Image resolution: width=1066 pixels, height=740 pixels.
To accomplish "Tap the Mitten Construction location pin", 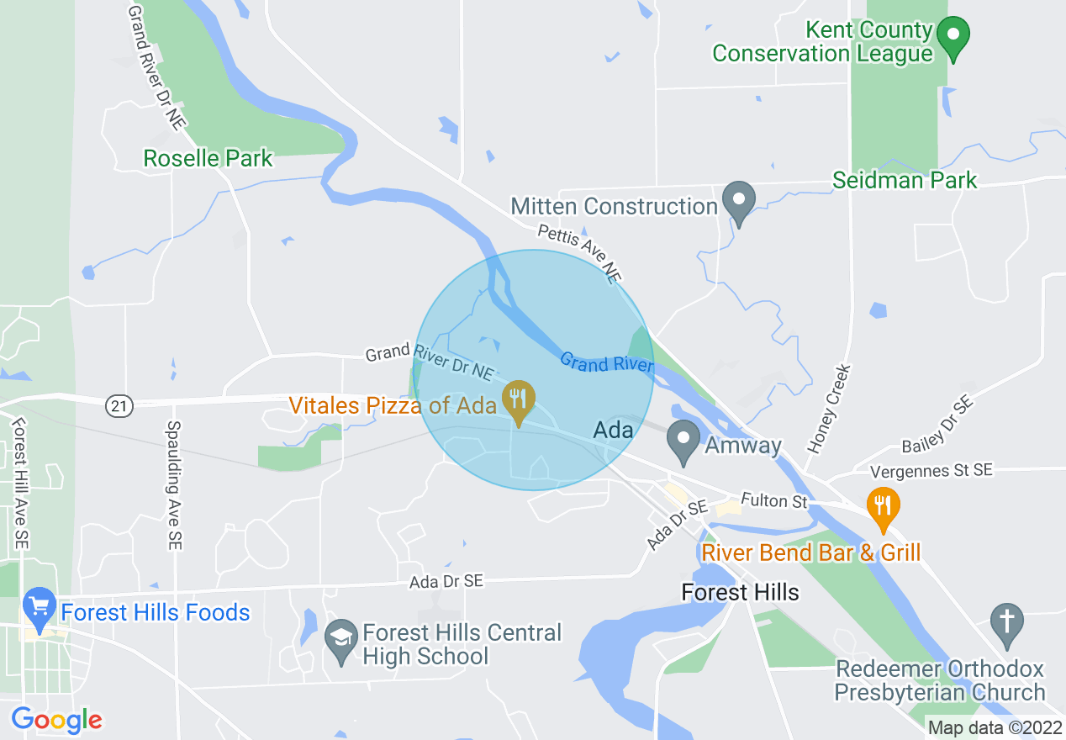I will tap(739, 201).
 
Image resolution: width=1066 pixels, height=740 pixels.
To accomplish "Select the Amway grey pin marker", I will tap(683, 440).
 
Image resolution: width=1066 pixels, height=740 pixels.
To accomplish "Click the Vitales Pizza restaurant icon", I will tap(519, 399).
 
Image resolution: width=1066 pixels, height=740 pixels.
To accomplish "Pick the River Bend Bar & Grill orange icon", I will tap(883, 507).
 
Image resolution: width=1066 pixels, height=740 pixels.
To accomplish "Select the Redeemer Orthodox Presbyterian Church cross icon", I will tap(1005, 622).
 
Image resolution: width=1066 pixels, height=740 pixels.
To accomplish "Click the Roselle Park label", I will tap(208, 158).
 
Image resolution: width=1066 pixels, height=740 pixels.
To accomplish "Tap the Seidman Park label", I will tap(905, 180).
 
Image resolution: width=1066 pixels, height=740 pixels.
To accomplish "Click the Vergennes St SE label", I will tap(931, 471).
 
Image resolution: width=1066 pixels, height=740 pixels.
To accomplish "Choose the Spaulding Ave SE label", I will tap(175, 485).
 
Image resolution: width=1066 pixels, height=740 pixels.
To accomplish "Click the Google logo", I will tap(56, 720).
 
